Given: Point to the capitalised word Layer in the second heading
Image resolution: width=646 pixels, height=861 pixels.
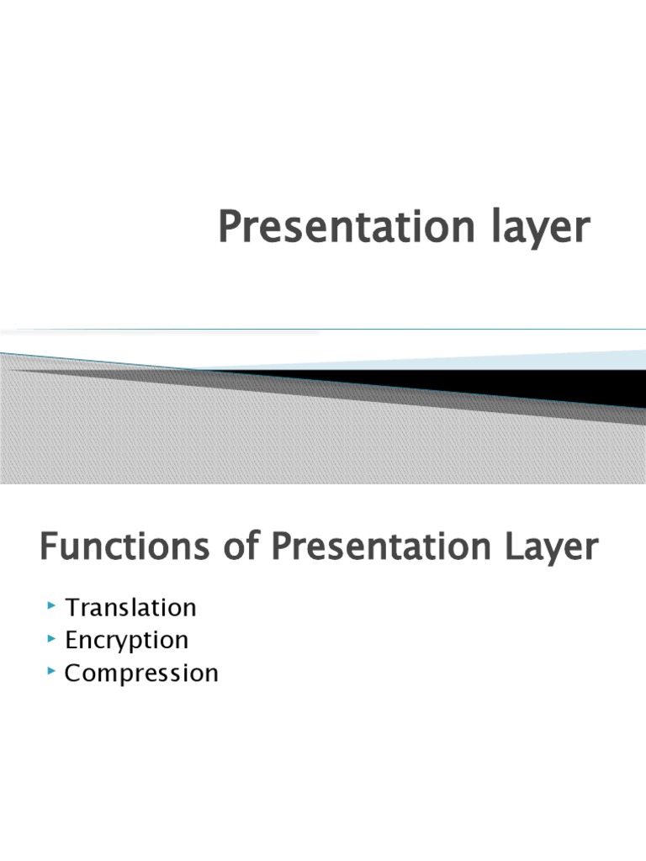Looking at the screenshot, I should pos(552,547).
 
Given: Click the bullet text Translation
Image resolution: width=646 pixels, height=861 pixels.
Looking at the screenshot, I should pos(130,607).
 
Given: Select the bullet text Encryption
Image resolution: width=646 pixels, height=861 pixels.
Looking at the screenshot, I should pos(127,640).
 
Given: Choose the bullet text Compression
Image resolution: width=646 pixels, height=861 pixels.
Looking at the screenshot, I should pos(141,673).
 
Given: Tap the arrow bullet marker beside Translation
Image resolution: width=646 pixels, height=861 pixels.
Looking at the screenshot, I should pos(52,605).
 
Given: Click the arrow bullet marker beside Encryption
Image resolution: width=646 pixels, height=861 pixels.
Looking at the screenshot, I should pos(52,638).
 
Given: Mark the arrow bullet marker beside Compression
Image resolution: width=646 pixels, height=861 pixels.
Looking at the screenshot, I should pos(52,671).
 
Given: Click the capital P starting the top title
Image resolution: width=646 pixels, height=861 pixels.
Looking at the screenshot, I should pos(229,227).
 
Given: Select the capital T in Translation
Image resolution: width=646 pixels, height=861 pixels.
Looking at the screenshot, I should pos(72,607).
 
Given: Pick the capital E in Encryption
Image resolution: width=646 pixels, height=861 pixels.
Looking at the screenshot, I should pos(72,640).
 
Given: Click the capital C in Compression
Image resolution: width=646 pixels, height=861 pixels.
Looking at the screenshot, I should pos(73,673).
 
